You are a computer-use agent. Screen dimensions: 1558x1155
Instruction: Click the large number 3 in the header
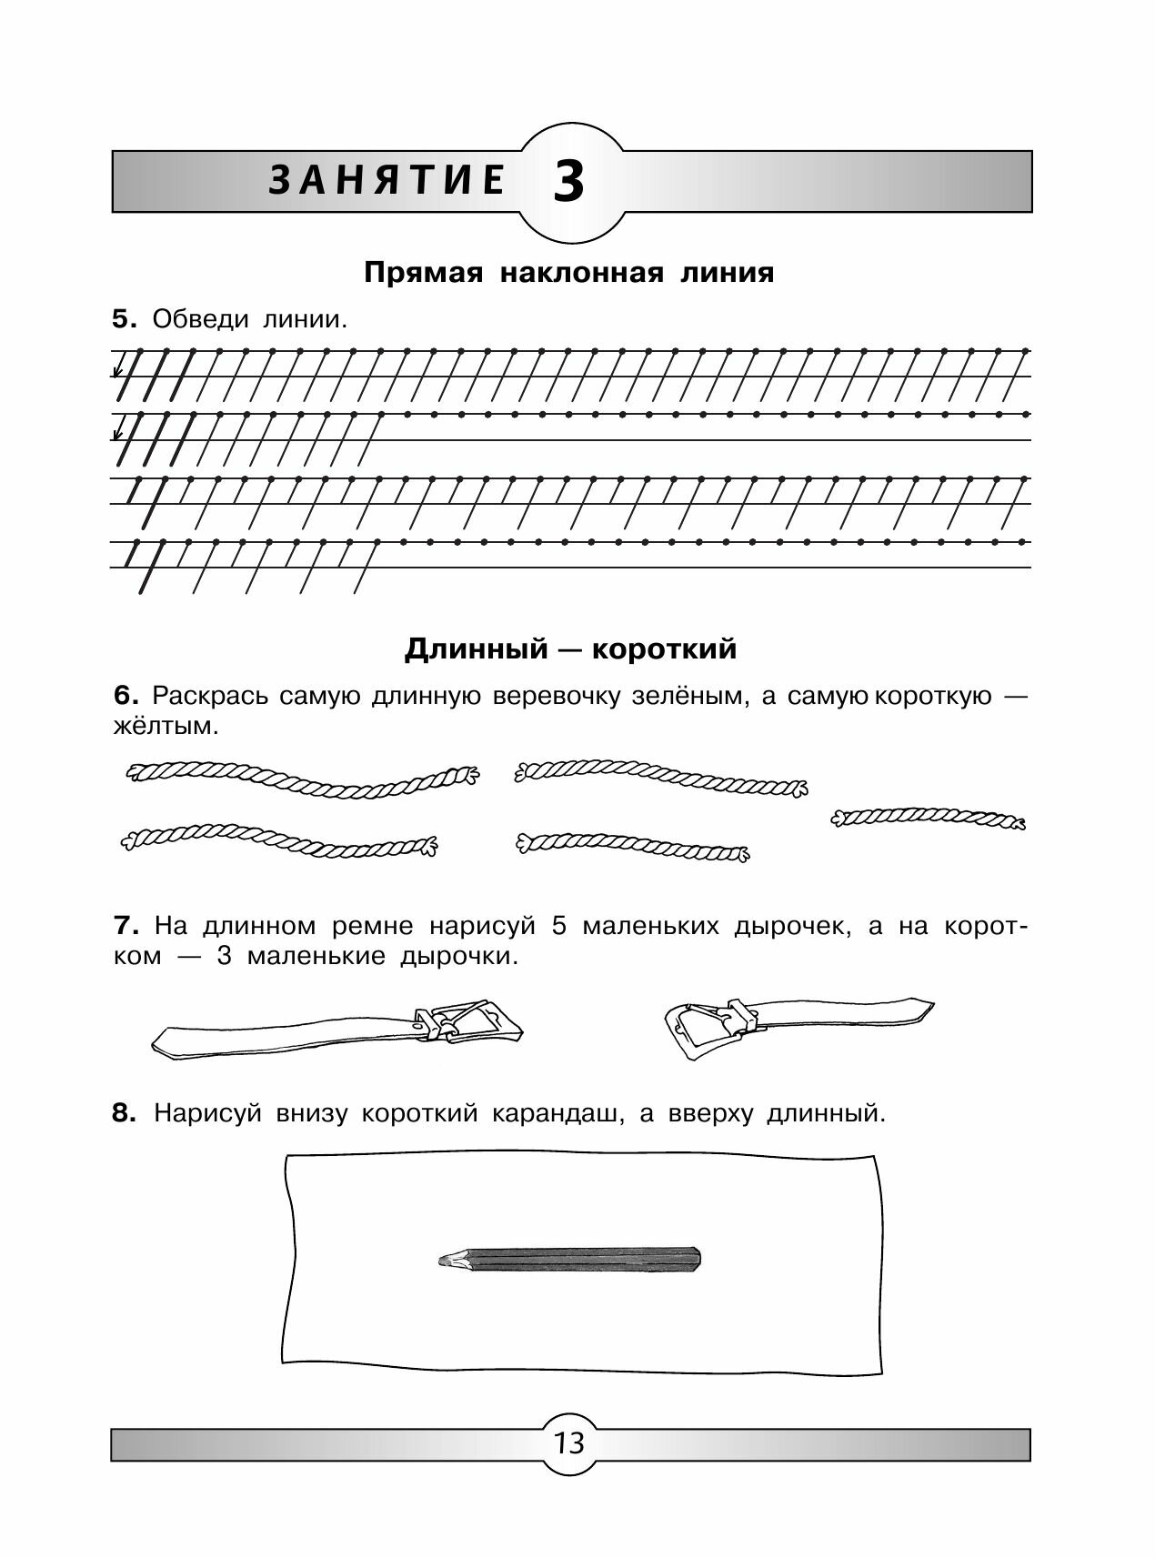click(567, 183)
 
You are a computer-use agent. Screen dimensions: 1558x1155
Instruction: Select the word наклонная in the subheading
click(581, 273)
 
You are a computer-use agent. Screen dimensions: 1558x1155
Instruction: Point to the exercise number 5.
click(123, 319)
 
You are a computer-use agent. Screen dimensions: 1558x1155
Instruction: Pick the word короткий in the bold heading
click(664, 649)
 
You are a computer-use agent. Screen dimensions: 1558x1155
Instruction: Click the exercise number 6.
click(125, 696)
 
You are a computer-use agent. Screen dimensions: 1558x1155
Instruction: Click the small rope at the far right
click(928, 819)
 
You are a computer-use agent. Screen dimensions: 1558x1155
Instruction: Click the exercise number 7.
click(125, 926)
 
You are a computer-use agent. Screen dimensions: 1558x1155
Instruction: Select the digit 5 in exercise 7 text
click(558, 926)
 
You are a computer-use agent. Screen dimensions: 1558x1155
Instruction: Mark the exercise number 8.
click(124, 1113)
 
